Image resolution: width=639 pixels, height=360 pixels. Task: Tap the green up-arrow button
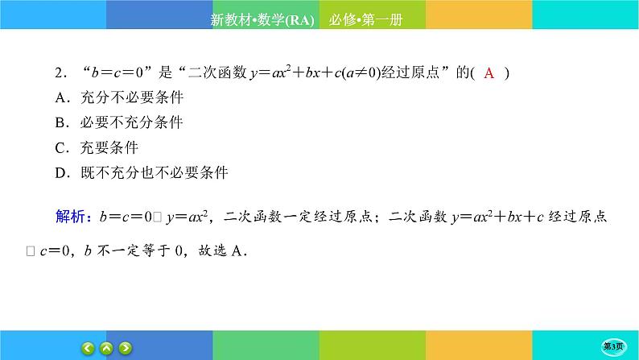[x=107, y=348]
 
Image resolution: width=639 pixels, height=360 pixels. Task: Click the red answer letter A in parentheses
[x=489, y=73]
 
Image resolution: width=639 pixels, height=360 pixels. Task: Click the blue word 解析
[x=72, y=217]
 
